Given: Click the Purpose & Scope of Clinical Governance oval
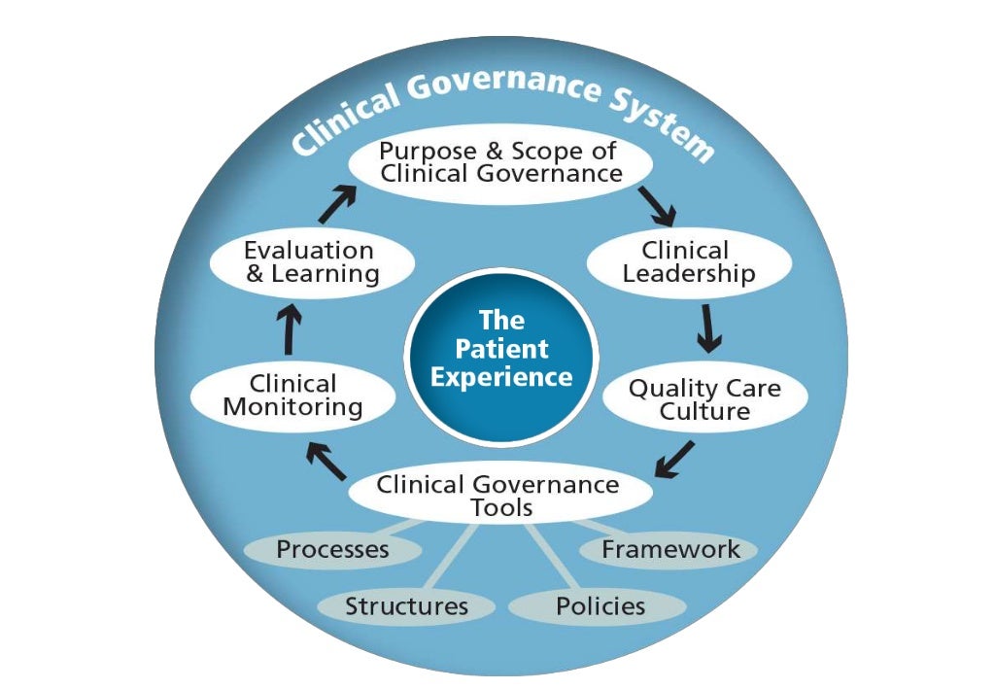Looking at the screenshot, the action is coord(500,163).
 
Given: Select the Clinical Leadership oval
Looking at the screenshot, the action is coord(689,262).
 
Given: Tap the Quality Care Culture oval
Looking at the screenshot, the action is coord(704,399).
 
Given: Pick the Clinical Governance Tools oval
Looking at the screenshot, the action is coord(497,494).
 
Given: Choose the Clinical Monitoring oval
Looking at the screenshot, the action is coord(292,396).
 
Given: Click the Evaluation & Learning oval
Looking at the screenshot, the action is coord(312,262).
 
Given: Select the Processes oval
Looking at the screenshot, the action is coord(332,549).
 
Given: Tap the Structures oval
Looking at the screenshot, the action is coord(406,606).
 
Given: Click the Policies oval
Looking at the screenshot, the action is coord(600,606).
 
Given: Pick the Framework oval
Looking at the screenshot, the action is coord(670,549).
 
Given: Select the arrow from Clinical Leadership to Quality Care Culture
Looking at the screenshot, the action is coord(710,327).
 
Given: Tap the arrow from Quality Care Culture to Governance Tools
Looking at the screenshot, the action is coord(675,459).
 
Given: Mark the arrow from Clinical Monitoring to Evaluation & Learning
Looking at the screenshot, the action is coord(290,330).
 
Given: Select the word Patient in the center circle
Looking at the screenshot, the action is coord(501,348).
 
